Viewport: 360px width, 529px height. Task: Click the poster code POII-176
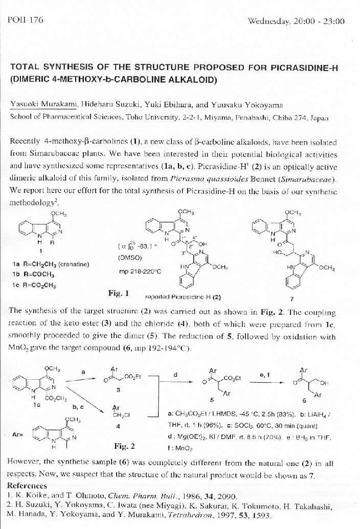26,20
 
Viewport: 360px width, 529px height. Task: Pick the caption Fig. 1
119,293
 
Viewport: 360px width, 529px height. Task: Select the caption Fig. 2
124,446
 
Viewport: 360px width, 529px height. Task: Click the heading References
28,485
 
